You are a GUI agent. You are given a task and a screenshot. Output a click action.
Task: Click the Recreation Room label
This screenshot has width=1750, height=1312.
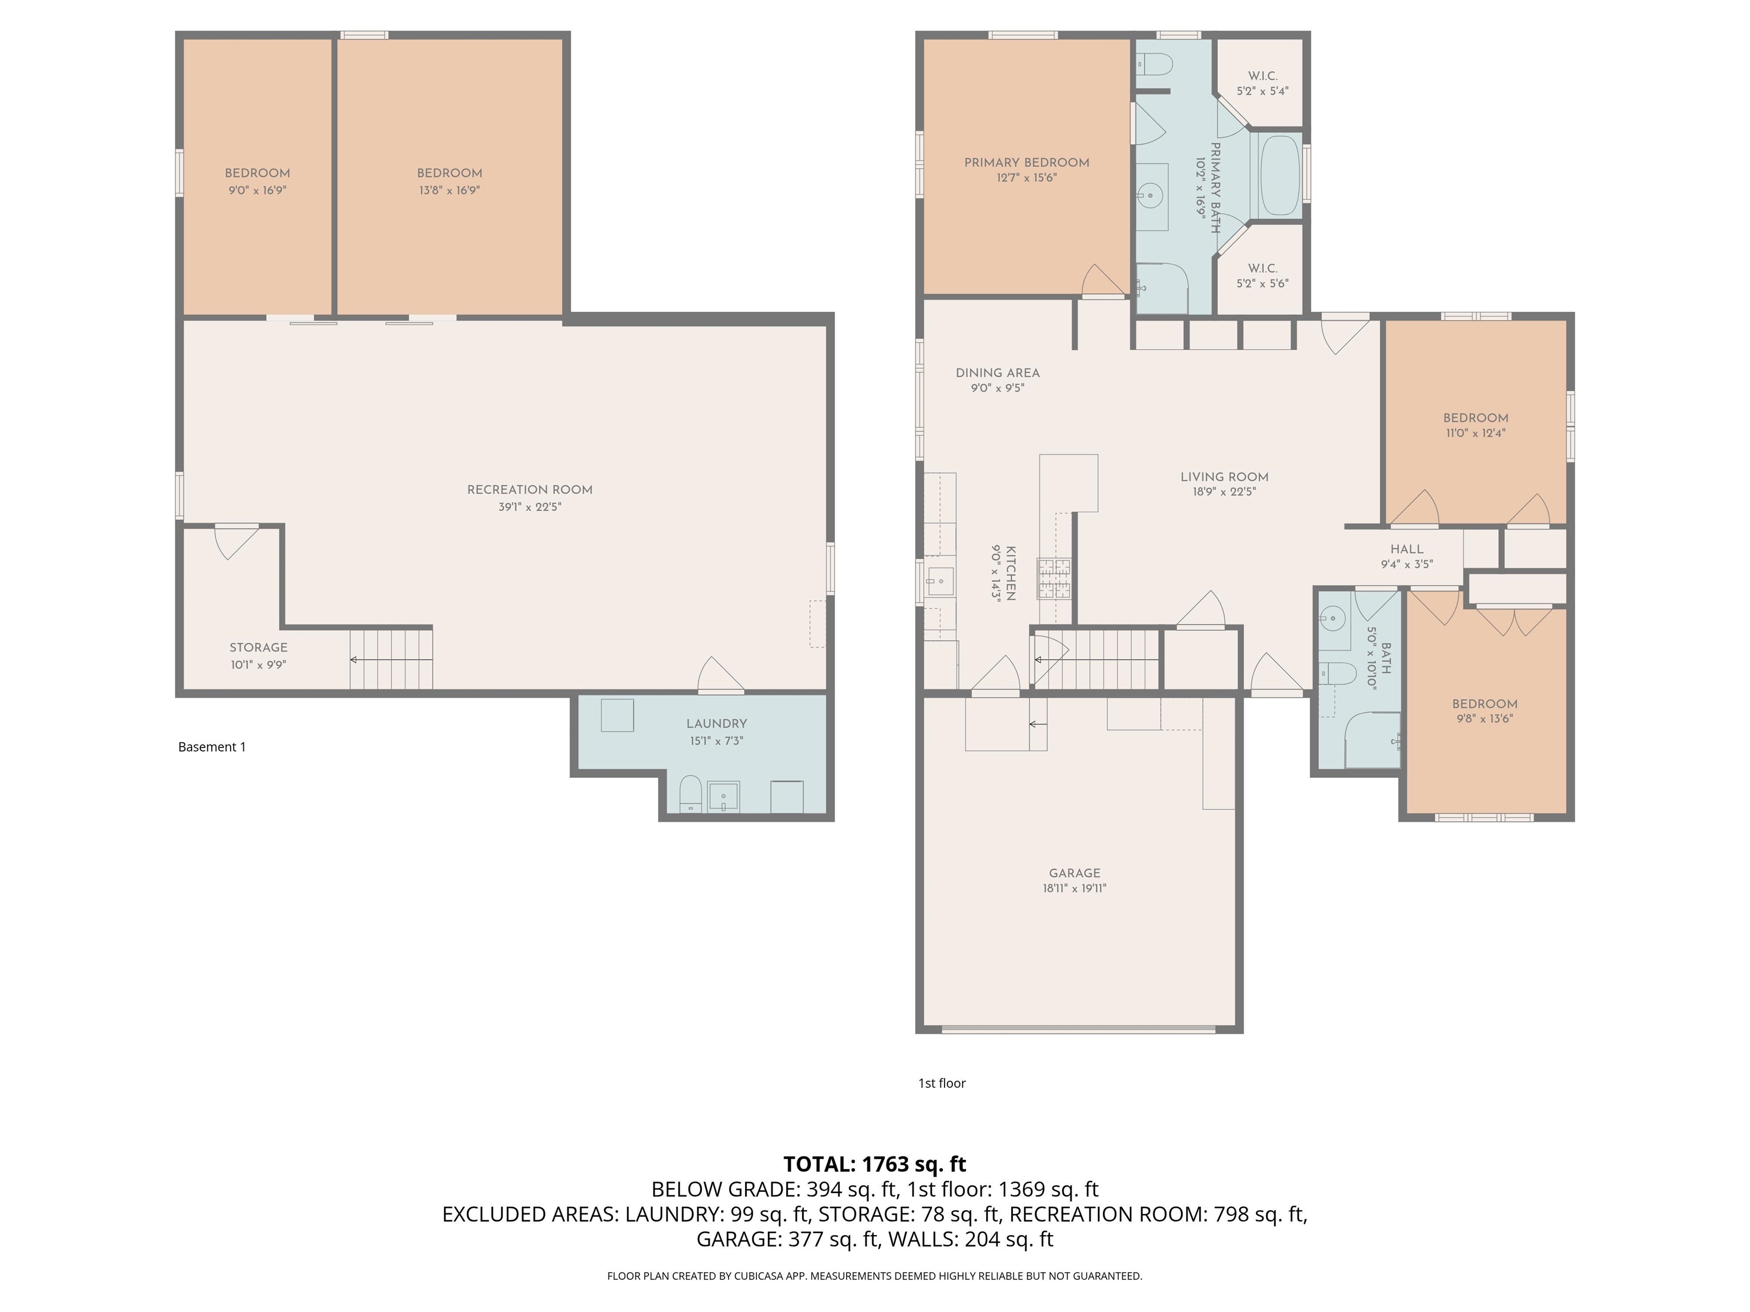pyautogui.click(x=529, y=490)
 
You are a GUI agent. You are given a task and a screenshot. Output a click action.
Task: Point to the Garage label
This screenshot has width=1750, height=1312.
pyautogui.click(x=1074, y=873)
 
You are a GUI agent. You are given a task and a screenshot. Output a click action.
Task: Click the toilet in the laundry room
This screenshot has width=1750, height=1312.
pyautogui.click(x=690, y=794)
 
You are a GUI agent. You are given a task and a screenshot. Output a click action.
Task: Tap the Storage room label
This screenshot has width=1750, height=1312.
pyautogui.click(x=259, y=647)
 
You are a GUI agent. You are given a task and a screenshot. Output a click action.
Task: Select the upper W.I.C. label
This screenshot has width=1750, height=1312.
pyautogui.click(x=1263, y=76)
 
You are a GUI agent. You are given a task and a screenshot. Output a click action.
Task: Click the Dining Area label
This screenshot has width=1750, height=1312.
pyautogui.click(x=997, y=372)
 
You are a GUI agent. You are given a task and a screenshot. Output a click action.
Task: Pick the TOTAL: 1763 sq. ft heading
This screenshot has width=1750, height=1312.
pyautogui.click(x=874, y=1164)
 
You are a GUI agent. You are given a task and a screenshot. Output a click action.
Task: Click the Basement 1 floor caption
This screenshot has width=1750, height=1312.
pyautogui.click(x=212, y=747)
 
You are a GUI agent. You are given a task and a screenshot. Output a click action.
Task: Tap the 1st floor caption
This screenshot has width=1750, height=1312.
pyautogui.click(x=942, y=1083)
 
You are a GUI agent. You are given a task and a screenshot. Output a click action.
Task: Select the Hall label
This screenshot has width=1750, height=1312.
pyautogui.click(x=1406, y=549)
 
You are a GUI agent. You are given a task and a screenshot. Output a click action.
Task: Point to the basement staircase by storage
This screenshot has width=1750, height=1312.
pyautogui.click(x=391, y=659)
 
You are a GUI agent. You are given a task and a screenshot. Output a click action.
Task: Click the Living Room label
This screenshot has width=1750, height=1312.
pyautogui.click(x=1224, y=477)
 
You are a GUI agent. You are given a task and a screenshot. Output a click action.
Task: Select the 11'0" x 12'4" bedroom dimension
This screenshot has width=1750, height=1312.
pyautogui.click(x=1475, y=433)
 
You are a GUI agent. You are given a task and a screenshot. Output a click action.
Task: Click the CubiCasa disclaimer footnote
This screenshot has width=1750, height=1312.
pyautogui.click(x=874, y=1276)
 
